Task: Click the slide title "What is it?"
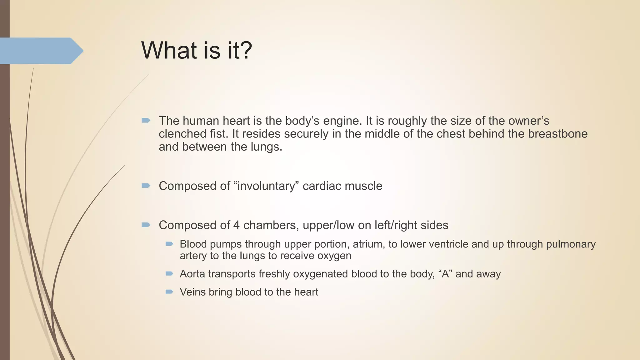pos(197,51)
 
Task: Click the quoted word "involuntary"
pos(266,186)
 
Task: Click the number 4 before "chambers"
pos(237,225)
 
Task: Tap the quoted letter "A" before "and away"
pos(446,274)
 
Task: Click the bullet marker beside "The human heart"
pos(146,121)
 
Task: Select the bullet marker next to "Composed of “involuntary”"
pos(146,186)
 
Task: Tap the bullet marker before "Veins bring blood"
pos(169,292)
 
